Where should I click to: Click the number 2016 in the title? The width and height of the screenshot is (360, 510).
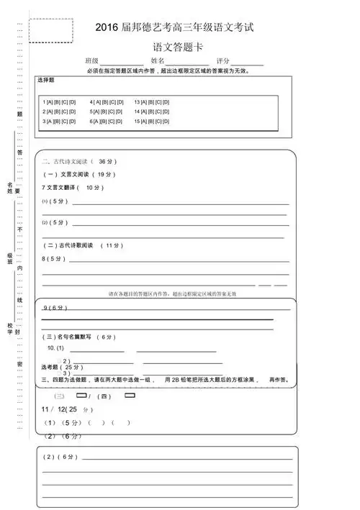coord(109,27)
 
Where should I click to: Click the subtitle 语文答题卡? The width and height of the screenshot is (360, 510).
coord(179,45)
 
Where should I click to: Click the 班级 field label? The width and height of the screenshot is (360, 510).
coord(91,60)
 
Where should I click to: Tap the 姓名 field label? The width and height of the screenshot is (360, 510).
coord(158,60)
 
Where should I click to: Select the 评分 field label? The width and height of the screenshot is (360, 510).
coord(223,60)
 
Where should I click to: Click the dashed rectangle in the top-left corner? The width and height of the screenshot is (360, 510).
coord(50,30)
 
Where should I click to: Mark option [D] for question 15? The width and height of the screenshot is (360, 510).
coord(166,122)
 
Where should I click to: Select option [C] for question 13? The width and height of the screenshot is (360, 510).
coord(156,102)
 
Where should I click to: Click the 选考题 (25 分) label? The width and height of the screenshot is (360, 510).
coord(61,367)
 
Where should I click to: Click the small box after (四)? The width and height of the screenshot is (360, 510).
coord(130,395)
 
